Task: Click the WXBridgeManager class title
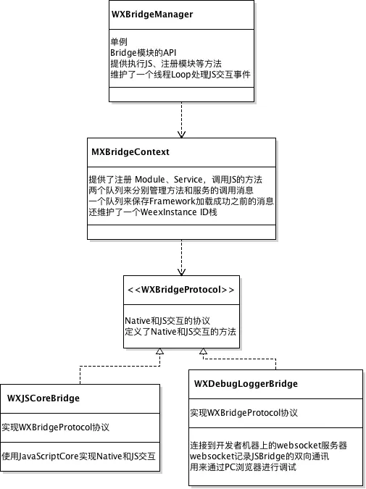[152, 14]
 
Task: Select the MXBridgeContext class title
[130, 152]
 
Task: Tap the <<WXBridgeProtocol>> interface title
[181, 290]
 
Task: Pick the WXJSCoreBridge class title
[43, 398]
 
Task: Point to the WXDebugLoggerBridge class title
[246, 383]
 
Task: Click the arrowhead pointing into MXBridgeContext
[182, 135]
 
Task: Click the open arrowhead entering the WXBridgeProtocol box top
[182, 272]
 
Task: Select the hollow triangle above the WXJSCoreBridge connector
[159, 351]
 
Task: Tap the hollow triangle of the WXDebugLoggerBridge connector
[204, 351]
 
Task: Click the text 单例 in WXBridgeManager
[119, 42]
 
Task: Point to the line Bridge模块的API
[144, 53]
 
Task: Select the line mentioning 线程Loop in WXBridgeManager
[180, 75]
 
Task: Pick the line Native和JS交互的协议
[167, 321]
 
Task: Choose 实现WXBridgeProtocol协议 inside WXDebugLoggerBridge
[244, 413]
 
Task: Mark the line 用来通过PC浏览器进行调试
[244, 467]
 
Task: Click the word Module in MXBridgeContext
[150, 180]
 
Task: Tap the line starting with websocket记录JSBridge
[259, 456]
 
